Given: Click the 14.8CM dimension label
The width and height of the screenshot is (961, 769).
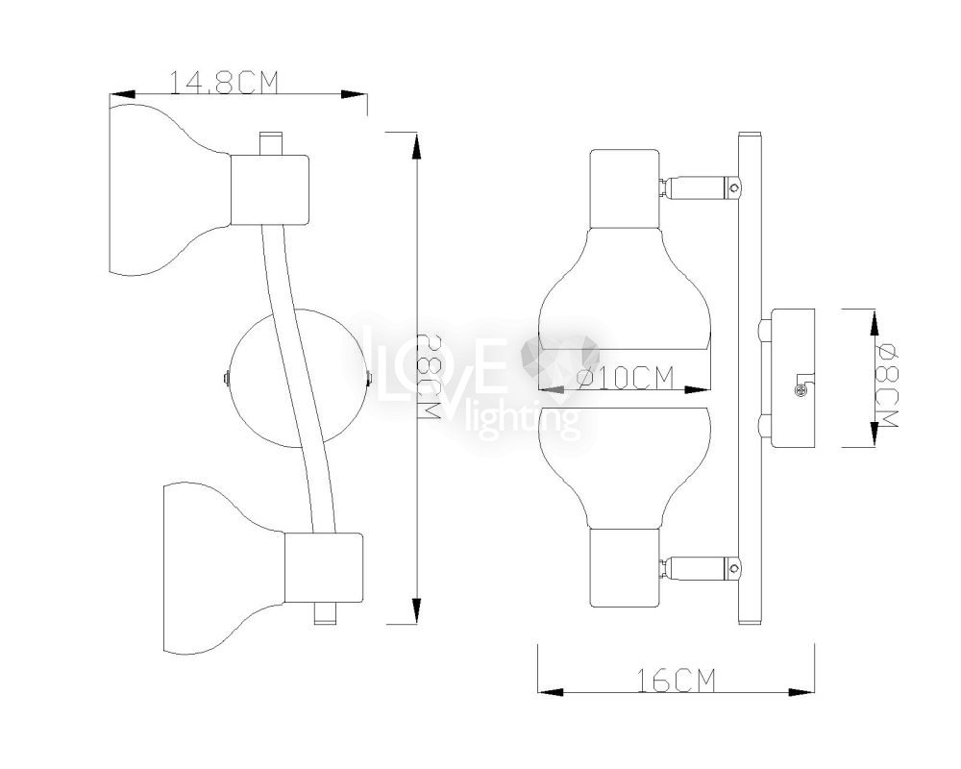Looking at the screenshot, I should click(223, 83).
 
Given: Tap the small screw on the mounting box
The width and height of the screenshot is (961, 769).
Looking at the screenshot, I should click(799, 389).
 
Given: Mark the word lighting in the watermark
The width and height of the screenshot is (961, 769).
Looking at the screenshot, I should click(534, 419).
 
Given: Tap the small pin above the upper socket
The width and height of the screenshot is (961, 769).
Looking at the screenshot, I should click(271, 141).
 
